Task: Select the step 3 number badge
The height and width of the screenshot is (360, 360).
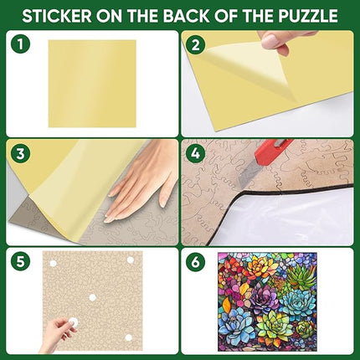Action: (21, 154)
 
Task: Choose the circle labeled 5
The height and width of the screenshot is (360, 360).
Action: (21, 260)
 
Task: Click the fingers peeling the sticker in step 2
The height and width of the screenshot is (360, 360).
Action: (280, 39)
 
